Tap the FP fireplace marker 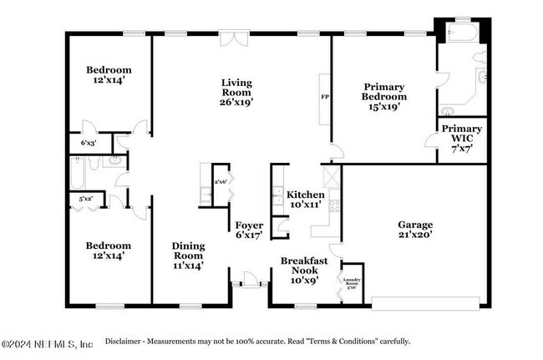click(325, 97)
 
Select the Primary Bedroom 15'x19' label click(384, 96)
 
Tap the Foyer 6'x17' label click(248, 229)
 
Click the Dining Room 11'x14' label click(188, 255)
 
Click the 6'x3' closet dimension click(88, 144)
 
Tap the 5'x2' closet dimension click(85, 200)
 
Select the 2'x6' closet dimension click(221, 181)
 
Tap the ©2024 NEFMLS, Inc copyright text click(47, 342)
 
